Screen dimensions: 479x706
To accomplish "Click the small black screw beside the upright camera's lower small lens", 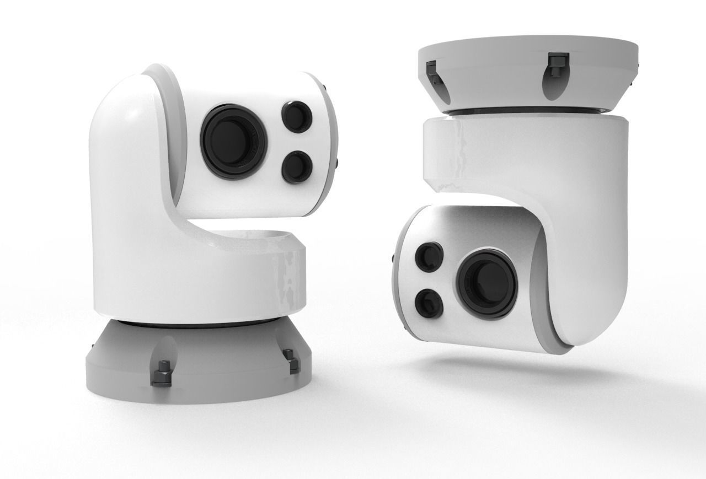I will (336, 164).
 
